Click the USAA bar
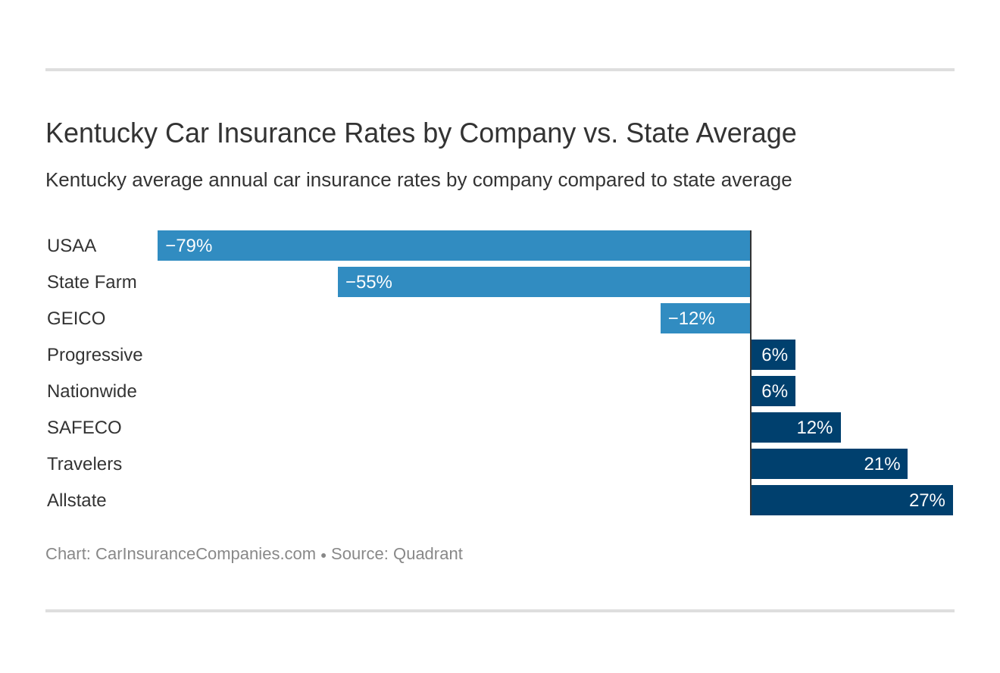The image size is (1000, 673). point(455,246)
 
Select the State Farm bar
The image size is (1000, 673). point(544,282)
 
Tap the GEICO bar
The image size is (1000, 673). point(705,318)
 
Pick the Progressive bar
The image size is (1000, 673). point(773,355)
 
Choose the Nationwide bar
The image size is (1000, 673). point(773,391)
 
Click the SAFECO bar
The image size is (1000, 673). point(795,427)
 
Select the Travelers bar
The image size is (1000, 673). point(829,464)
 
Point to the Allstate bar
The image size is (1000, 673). point(852,500)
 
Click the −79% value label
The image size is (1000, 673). point(189,246)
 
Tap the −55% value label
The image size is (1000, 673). point(369,282)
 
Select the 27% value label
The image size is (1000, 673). point(927,500)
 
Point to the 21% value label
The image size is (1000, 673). point(882,464)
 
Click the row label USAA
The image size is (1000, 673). point(71,246)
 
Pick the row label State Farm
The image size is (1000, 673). point(92,282)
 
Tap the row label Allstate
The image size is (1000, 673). point(77,500)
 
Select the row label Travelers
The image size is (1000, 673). point(84,464)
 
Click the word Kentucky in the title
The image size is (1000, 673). point(101,133)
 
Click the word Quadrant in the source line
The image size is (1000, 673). point(427,554)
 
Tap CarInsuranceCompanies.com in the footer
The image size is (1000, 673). point(205,554)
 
